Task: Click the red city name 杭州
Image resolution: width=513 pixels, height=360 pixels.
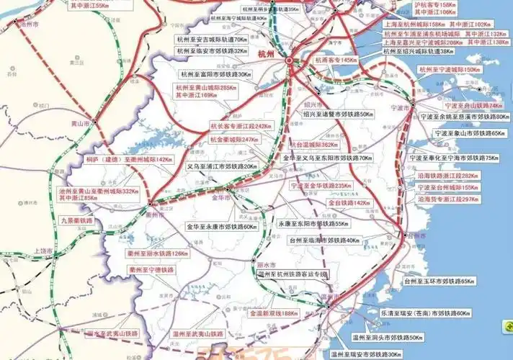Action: [266, 54]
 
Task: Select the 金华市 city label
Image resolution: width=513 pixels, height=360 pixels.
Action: [220, 197]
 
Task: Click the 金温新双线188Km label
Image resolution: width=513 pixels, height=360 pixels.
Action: [274, 313]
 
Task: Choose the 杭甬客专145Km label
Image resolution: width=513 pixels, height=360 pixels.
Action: [337, 60]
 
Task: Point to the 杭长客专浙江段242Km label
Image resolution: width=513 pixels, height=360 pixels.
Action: [241, 126]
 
